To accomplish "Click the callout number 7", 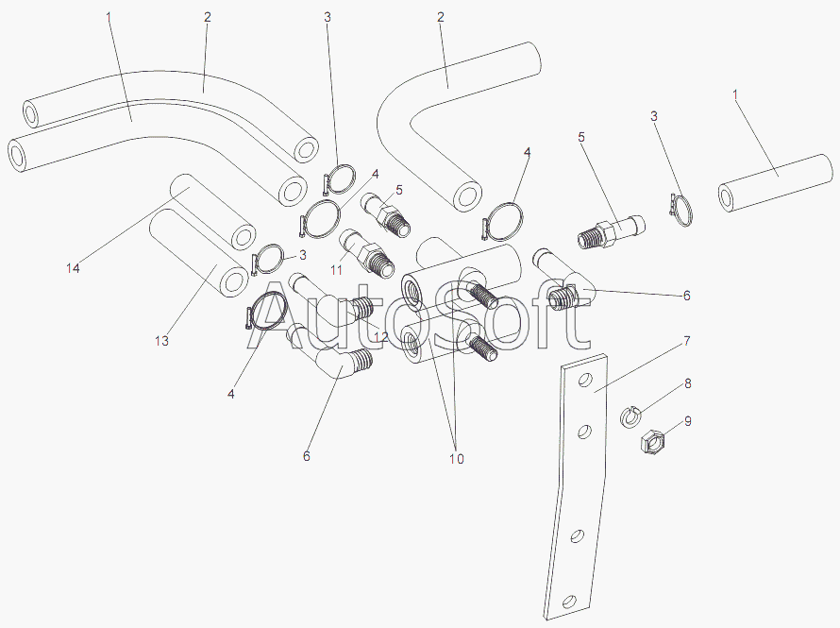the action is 687,341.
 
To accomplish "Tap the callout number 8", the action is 687,383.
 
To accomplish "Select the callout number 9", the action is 687,421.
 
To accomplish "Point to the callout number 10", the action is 457,459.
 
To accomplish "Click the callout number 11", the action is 336,269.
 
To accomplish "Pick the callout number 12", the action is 381,337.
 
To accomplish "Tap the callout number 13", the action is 161,341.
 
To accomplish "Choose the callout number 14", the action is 73,268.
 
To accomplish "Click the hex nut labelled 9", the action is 652,441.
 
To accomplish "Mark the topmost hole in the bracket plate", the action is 585,381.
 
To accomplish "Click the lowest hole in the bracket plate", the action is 570,601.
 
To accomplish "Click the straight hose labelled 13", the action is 198,252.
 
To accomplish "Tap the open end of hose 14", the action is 243,237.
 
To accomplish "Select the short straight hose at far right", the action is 775,182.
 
